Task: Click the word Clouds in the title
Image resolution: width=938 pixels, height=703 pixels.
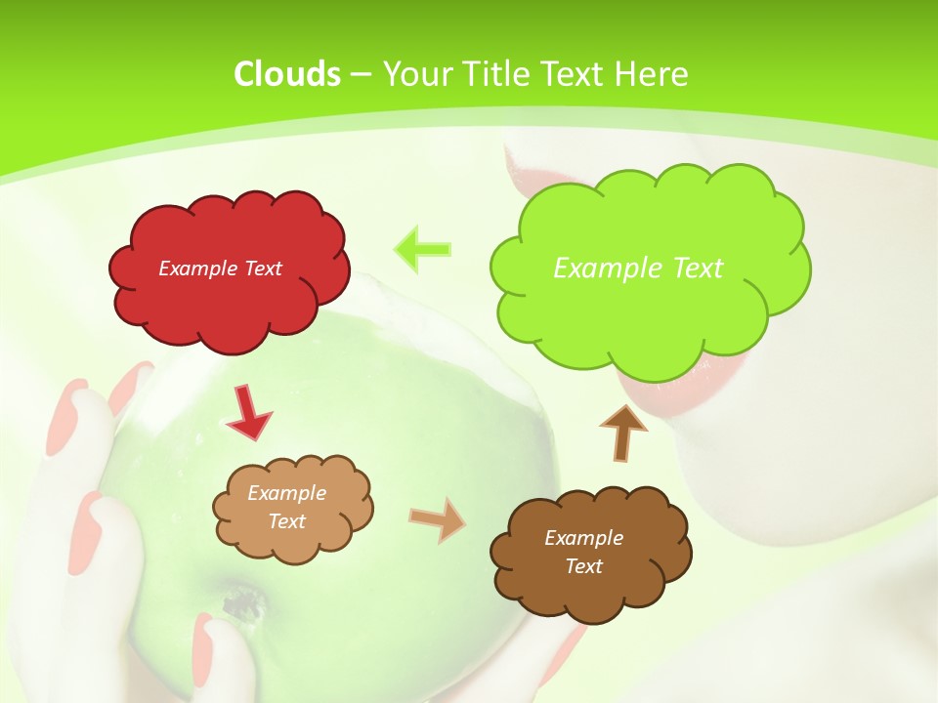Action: [286, 74]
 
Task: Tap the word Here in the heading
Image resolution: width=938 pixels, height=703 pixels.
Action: [653, 74]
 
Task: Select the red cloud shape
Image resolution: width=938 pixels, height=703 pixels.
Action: [230, 293]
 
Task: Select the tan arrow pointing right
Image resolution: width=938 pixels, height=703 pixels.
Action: [437, 518]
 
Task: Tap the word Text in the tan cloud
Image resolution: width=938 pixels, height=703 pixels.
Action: [287, 521]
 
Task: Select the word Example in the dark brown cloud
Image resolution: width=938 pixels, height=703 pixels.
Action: [583, 538]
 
